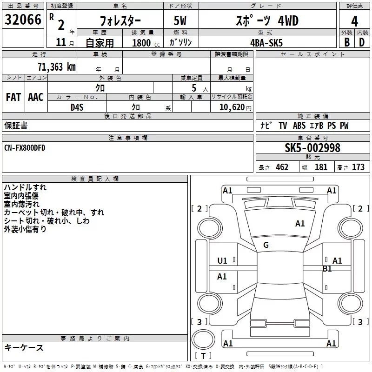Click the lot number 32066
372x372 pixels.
pos(23,20)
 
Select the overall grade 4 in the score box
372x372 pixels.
pos(354,21)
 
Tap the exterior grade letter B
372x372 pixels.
pos(347,42)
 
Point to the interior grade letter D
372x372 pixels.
pos(362,42)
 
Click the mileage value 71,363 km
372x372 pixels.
pos(57,66)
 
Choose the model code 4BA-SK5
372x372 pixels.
pos(266,43)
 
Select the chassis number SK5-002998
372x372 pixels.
pos(312,147)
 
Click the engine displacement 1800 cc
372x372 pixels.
pos(146,43)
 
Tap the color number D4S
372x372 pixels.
pos(77,107)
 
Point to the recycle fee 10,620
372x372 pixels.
pos(232,107)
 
